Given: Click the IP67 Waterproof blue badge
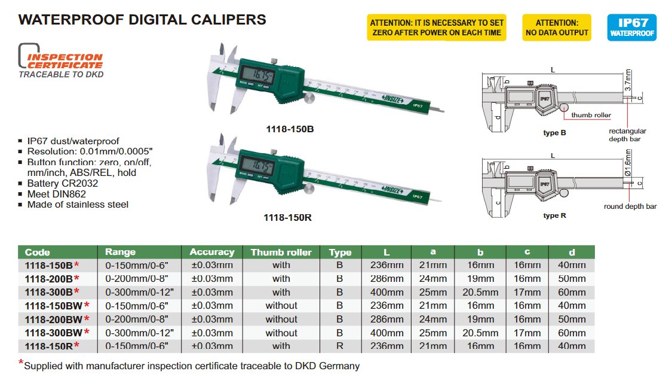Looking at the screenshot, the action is [x=632, y=28].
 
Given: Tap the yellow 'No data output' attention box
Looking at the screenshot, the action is [x=557, y=28].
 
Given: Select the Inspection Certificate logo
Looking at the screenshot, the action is [x=61, y=60].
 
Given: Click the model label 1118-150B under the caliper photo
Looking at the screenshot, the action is [x=290, y=129].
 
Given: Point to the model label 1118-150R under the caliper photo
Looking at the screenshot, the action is [x=287, y=218].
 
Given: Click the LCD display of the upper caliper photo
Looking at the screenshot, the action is [x=256, y=76].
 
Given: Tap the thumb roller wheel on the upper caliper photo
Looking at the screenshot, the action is [x=309, y=98].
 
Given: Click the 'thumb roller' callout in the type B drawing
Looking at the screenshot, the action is [x=591, y=115].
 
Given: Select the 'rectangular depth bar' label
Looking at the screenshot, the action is [x=627, y=135].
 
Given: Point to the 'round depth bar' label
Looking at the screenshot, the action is [x=630, y=206].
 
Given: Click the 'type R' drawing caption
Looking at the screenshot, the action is [x=554, y=215].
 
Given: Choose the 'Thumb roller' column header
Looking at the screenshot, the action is [x=281, y=253].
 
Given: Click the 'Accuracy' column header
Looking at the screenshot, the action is [x=212, y=252].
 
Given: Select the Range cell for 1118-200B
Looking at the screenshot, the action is [x=137, y=279].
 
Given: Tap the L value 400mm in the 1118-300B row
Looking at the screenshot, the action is [x=386, y=293].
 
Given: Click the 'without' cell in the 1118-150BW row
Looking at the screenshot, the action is [x=281, y=306].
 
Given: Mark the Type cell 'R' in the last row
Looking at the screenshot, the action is [x=340, y=346].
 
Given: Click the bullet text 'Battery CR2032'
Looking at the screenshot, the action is [x=63, y=183].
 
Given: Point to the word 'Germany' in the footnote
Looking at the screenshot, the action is [x=339, y=366].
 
